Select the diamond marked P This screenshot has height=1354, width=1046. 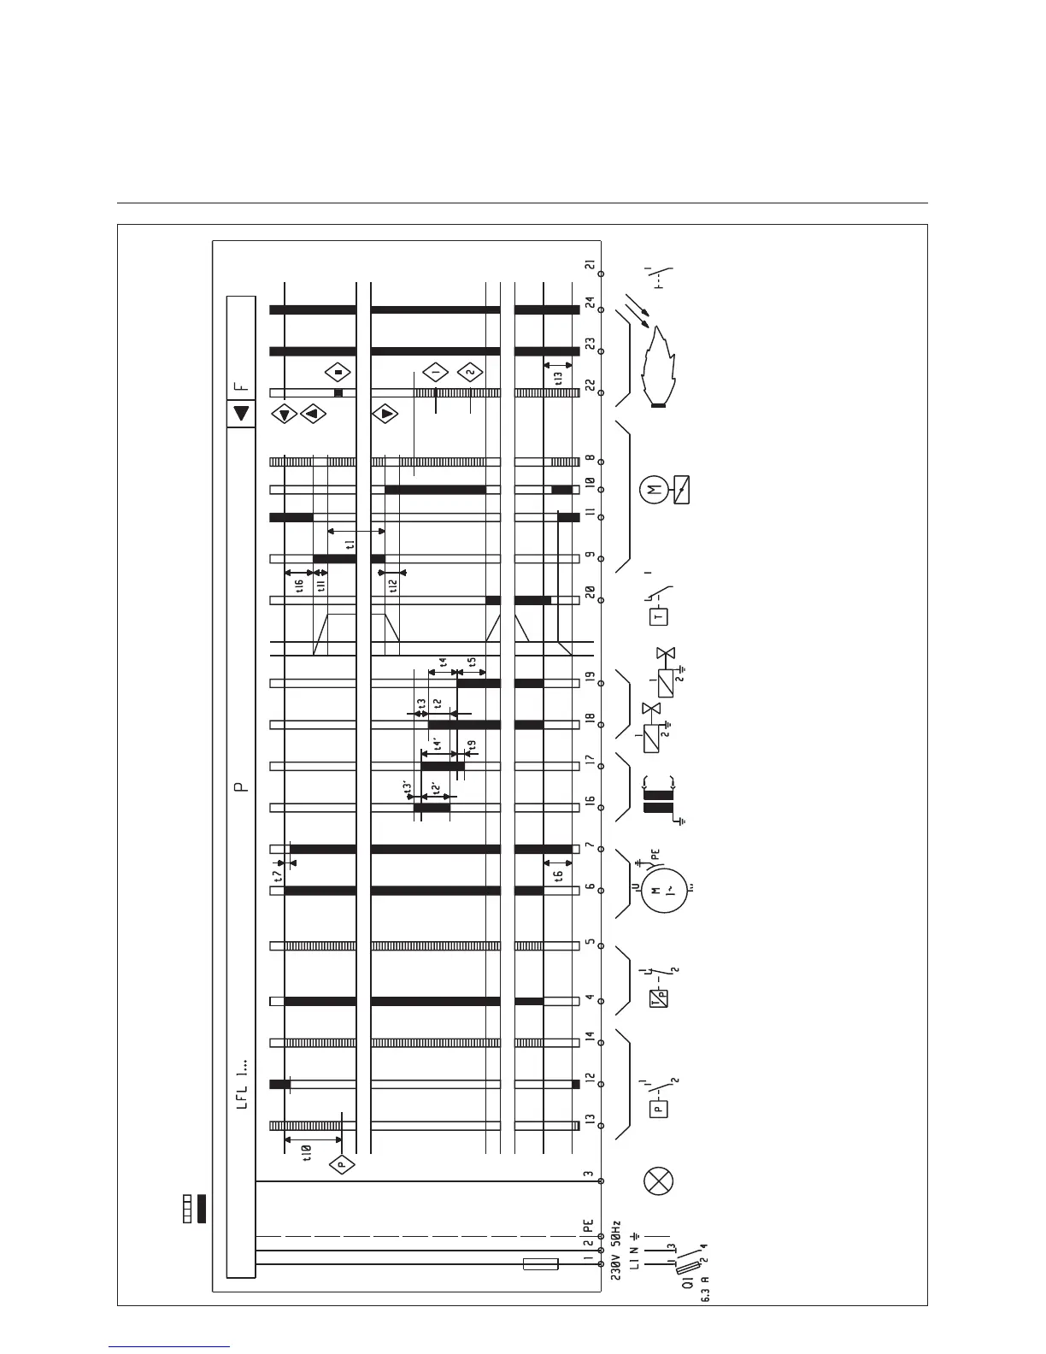coord(341,1164)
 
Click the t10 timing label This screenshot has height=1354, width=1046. coord(308,1153)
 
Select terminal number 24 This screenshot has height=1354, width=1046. coord(590,303)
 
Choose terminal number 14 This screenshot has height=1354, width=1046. coord(590,1039)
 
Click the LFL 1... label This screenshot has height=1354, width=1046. coord(242,1085)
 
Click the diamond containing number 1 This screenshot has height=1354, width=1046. coord(435,373)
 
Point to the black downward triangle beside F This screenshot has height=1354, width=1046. coord(242,414)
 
